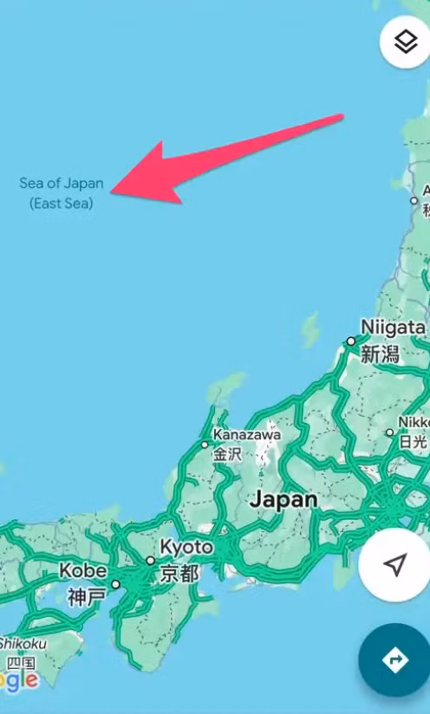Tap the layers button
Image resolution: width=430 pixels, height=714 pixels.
tap(405, 42)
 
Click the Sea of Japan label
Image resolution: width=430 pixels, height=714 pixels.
tap(62, 184)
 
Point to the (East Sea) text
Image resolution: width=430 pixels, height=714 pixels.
tap(61, 204)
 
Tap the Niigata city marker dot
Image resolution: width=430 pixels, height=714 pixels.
tap(351, 341)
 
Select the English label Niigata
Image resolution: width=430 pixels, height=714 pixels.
tap(393, 328)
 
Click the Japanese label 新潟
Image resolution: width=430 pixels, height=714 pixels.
tap(379, 354)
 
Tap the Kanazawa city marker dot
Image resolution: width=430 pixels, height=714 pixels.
tap(205, 445)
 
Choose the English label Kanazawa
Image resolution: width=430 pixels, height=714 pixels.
tap(246, 434)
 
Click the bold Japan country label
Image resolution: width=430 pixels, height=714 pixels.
tap(283, 500)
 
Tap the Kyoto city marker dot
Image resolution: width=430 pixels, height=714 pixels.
tap(150, 561)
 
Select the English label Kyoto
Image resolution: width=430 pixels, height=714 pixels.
tap(186, 548)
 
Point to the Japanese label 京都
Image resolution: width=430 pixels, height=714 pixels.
tap(179, 573)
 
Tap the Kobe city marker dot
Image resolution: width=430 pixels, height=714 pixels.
tap(115, 584)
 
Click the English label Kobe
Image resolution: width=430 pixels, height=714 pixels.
tap(82, 571)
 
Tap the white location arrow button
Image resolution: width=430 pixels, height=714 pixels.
tap(395, 565)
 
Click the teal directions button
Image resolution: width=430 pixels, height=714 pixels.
tap(395, 660)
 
